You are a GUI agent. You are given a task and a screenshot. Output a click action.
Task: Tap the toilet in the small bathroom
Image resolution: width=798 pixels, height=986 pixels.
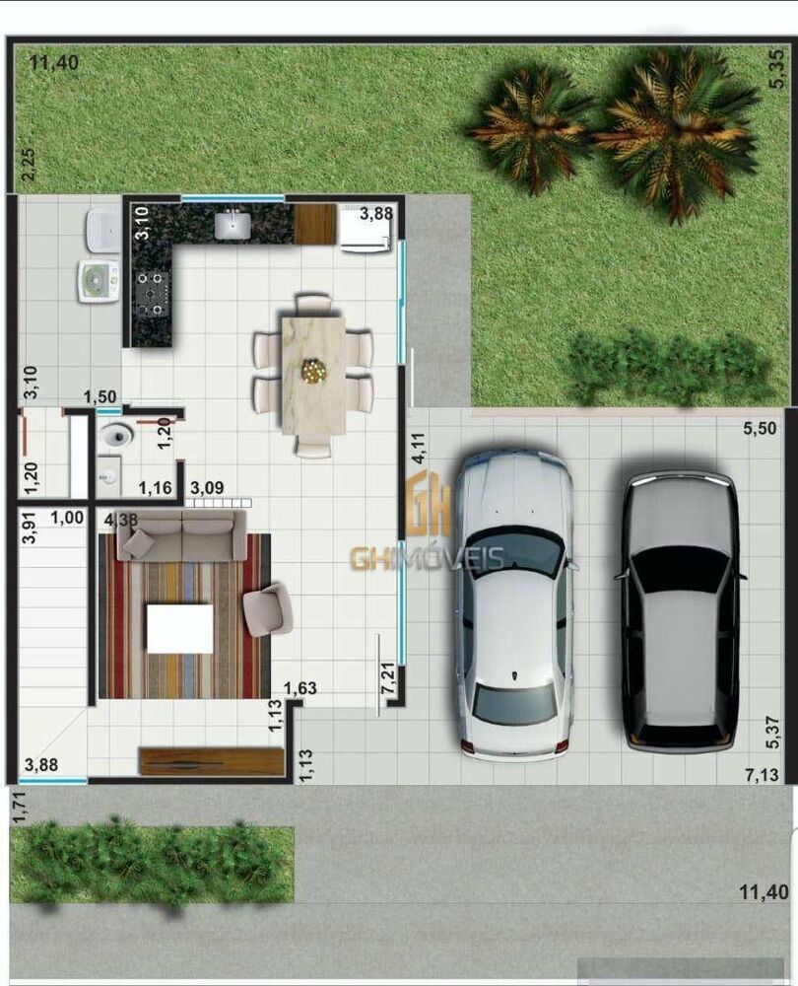pos(117,435)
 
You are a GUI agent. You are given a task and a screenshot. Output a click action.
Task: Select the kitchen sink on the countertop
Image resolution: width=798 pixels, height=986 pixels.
pos(233,225)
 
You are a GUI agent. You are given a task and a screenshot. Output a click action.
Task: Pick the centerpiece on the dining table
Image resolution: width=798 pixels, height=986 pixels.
pos(314,371)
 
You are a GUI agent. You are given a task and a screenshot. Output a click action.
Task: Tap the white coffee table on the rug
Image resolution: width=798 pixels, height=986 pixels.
pos(179,628)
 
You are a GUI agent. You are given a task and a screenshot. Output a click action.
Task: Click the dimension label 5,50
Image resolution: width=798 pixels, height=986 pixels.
pos(760,429)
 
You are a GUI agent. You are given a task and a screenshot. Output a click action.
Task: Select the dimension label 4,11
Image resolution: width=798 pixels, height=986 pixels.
pos(419,449)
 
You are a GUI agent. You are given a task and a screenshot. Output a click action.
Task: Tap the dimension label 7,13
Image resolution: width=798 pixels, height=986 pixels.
pos(762,776)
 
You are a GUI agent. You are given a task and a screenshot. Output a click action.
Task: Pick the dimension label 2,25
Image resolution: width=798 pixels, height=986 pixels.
pos(28,164)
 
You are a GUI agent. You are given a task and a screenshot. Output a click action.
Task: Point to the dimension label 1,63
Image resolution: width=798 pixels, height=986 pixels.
pos(299,688)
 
